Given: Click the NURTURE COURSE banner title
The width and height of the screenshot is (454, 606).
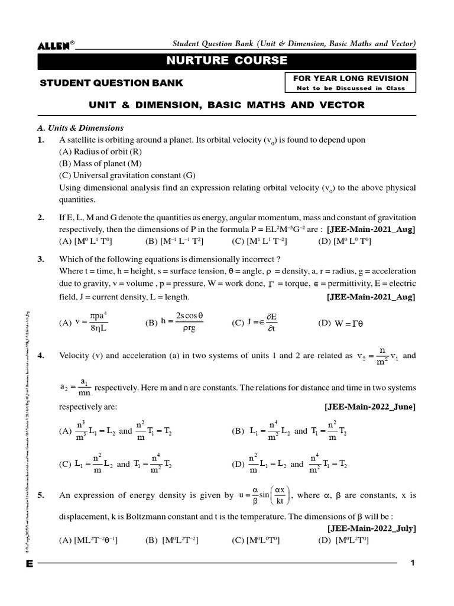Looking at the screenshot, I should pyautogui.click(x=227, y=61).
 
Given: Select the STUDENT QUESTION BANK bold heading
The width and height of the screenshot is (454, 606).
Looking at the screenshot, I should pyautogui.click(x=111, y=83).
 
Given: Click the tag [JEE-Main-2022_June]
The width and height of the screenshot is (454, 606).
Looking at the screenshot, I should pyautogui.click(x=370, y=407).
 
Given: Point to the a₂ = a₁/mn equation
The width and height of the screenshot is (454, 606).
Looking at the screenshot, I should pyautogui.click(x=75, y=387).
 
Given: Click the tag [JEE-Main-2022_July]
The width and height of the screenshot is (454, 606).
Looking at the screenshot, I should pyautogui.click(x=371, y=528).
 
